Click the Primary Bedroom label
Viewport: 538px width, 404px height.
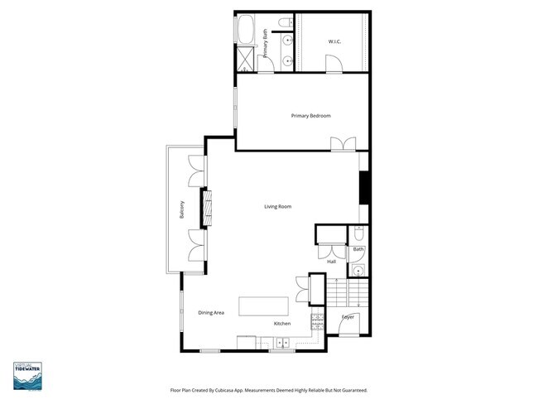[310, 116]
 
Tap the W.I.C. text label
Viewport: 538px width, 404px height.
[334, 41]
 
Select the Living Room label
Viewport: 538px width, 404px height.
[277, 206]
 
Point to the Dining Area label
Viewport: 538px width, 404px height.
[211, 312]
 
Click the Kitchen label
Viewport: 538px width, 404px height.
[282, 324]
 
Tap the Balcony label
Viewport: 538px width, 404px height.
[181, 210]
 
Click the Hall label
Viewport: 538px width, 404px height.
[331, 262]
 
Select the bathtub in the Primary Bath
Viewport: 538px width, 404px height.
[246, 32]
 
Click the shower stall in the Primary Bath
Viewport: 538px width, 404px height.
[246, 60]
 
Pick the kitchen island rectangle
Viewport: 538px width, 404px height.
[264, 305]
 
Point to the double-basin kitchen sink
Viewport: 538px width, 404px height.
[282, 341]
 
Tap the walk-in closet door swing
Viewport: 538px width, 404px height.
[332, 63]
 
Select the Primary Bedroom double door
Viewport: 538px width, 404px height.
[342, 144]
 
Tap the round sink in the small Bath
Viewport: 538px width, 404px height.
[358, 271]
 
